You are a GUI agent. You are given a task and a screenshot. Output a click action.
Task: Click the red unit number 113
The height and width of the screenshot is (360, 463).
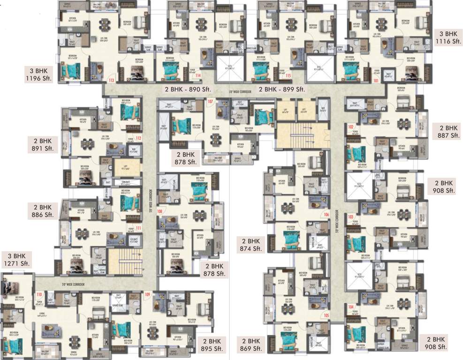tap(111, 80)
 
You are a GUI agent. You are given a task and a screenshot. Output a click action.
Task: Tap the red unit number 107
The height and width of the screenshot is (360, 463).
tap(210, 101)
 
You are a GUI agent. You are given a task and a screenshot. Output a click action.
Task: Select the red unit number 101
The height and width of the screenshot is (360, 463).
tap(376, 80)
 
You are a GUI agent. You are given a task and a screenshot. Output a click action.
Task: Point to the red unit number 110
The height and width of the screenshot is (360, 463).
tap(39, 294)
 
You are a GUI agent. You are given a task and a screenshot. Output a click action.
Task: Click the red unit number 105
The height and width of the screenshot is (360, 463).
tap(326, 315)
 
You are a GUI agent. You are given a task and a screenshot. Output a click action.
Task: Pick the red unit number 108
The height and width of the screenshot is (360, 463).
tap(160, 211)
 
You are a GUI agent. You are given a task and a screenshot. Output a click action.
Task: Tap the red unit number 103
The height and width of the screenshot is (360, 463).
tap(351, 217)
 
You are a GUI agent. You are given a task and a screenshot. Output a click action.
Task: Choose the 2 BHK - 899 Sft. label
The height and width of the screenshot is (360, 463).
tap(282, 89)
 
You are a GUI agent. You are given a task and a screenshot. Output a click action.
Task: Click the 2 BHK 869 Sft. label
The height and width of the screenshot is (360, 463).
tap(250, 345)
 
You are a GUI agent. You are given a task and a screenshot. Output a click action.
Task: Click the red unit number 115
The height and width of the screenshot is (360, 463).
tap(288, 75)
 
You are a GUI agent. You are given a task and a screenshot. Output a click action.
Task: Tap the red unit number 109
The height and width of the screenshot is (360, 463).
tap(147, 294)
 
